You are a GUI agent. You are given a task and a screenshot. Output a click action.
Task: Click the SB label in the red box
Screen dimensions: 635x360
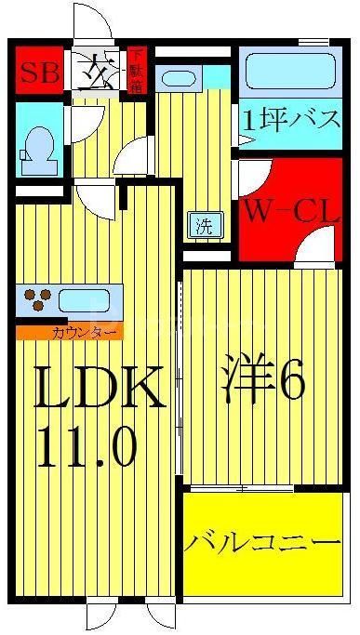[x=36, y=71]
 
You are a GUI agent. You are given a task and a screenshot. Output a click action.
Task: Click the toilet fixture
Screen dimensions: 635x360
[x=39, y=147]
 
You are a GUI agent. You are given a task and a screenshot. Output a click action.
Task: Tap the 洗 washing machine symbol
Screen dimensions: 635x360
[x=201, y=224]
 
